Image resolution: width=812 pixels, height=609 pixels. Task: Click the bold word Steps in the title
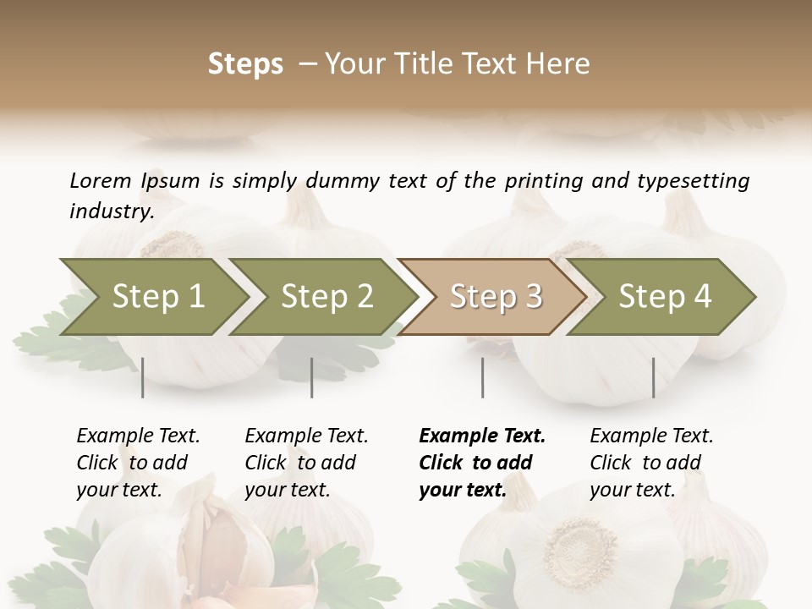(245, 64)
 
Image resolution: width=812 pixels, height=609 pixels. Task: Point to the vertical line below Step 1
(143, 377)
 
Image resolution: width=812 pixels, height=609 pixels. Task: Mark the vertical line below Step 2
(312, 377)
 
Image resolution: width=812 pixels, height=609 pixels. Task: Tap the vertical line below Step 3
(483, 377)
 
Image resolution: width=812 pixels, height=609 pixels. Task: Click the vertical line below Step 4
(654, 377)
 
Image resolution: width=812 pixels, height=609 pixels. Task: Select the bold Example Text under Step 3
(482, 463)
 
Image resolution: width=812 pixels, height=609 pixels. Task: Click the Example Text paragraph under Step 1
(138, 463)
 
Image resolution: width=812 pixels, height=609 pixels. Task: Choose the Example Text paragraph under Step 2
(306, 463)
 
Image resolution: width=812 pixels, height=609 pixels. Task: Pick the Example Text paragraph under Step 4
(651, 463)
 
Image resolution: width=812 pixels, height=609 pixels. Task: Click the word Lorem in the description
(101, 180)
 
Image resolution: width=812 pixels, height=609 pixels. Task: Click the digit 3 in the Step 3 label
(532, 296)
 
